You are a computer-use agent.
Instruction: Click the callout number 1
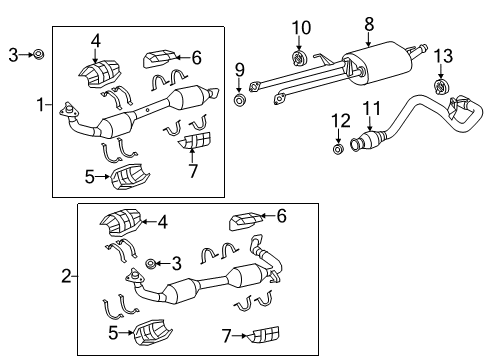[40, 105]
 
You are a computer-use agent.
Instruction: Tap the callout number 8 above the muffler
[369, 21]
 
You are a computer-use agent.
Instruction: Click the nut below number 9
[240, 100]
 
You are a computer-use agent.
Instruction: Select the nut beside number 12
[337, 149]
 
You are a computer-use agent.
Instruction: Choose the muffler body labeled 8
[376, 62]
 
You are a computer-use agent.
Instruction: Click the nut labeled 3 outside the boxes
[37, 53]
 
